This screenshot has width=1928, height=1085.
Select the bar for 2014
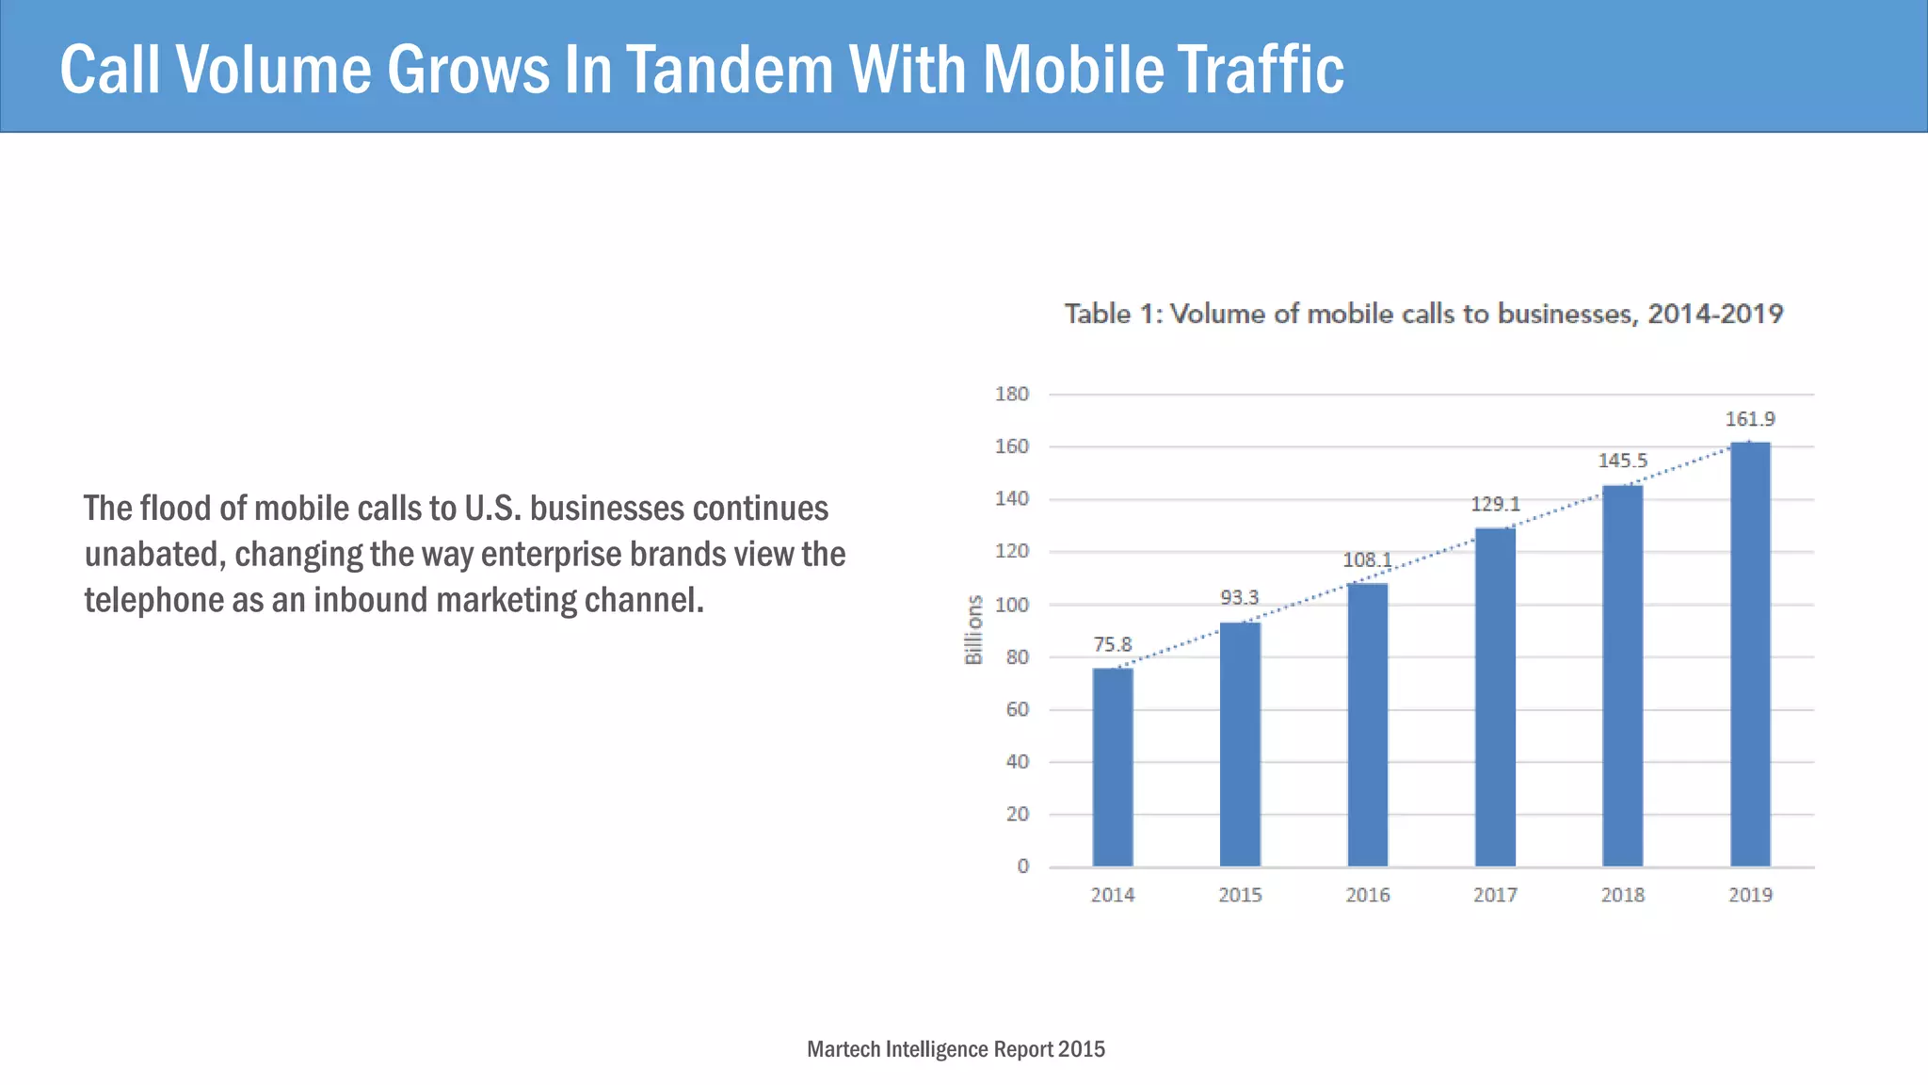[1113, 767]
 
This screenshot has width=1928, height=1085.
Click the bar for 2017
[1495, 697]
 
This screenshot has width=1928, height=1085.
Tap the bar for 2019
[1750, 654]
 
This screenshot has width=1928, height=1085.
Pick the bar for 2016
[1367, 724]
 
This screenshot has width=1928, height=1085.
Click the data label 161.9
[1750, 419]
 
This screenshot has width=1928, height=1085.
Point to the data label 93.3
[1239, 598]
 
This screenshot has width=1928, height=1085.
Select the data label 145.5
[1622, 461]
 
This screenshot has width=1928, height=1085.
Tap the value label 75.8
[1112, 645]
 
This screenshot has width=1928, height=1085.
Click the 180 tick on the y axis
[1012, 394]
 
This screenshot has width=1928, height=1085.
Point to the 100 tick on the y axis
[1012, 605]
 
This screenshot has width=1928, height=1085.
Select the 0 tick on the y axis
[1022, 866]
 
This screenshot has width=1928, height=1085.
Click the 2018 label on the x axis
[1622, 896]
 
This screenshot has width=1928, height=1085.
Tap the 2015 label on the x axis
[1240, 896]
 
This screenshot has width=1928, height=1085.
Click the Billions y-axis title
[974, 629]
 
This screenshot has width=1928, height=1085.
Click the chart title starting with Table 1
[1423, 314]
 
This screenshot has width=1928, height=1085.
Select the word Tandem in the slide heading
[730, 70]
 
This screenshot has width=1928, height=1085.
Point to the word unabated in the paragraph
[151, 555]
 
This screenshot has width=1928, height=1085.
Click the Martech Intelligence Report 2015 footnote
[956, 1049]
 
